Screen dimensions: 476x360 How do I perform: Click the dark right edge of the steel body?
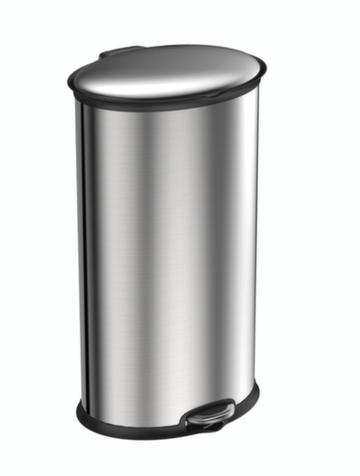click(255, 248)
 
